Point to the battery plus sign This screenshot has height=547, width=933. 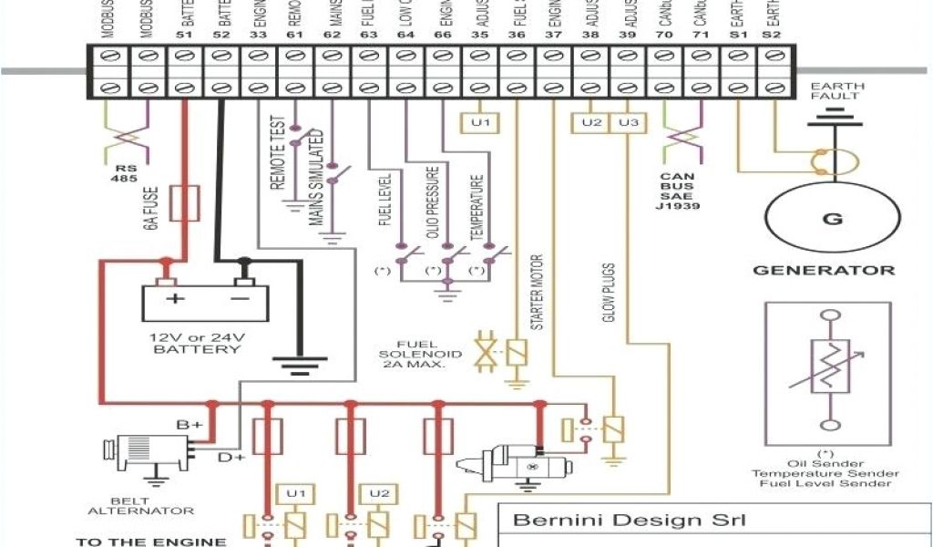[169, 297]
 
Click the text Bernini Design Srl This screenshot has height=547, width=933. [630, 521]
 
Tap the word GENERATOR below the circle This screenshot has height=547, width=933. [823, 271]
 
